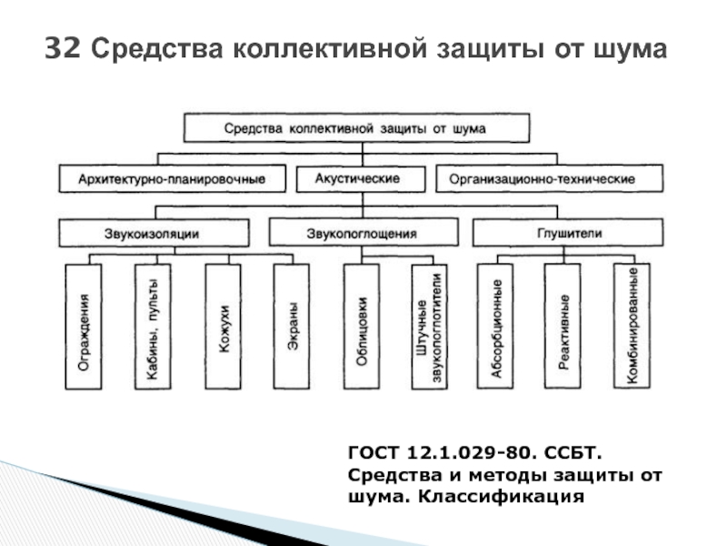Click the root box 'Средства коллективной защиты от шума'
[356, 128]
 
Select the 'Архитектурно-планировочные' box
[173, 179]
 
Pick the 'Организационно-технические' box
[542, 179]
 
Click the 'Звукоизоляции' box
[154, 234]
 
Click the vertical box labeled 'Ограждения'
[83, 328]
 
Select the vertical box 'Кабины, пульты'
[153, 328]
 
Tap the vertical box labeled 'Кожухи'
[223, 328]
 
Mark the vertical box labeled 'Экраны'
[292, 328]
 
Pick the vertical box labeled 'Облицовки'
[362, 328]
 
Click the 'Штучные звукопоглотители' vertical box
[430, 328]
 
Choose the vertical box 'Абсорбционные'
[497, 328]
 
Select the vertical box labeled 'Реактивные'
[564, 328]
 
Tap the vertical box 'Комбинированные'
[632, 328]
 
